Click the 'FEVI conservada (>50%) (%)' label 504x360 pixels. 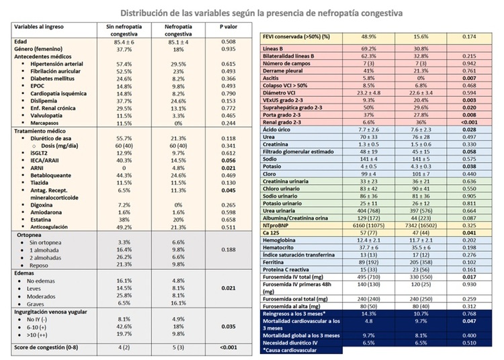[x=300, y=35]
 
